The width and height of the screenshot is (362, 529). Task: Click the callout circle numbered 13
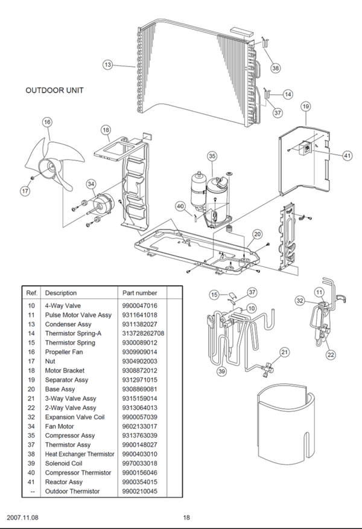click(107, 65)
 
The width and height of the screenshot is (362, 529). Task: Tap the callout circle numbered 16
click(47, 122)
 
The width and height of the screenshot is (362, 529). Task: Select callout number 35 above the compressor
click(212, 156)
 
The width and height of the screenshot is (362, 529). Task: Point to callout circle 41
click(348, 155)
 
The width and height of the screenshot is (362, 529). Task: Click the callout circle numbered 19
click(306, 106)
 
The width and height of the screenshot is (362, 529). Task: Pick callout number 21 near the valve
click(285, 352)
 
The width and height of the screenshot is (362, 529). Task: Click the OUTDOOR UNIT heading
click(54, 91)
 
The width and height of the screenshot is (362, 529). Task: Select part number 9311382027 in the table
click(139, 324)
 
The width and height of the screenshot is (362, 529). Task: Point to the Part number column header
click(139, 292)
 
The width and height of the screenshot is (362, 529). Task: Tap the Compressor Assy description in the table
click(70, 435)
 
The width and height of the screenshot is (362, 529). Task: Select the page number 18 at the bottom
click(186, 517)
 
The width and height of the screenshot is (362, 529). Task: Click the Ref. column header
click(32, 292)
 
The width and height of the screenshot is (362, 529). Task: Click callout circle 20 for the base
click(257, 234)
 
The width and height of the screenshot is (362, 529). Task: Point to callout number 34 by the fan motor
click(91, 184)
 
